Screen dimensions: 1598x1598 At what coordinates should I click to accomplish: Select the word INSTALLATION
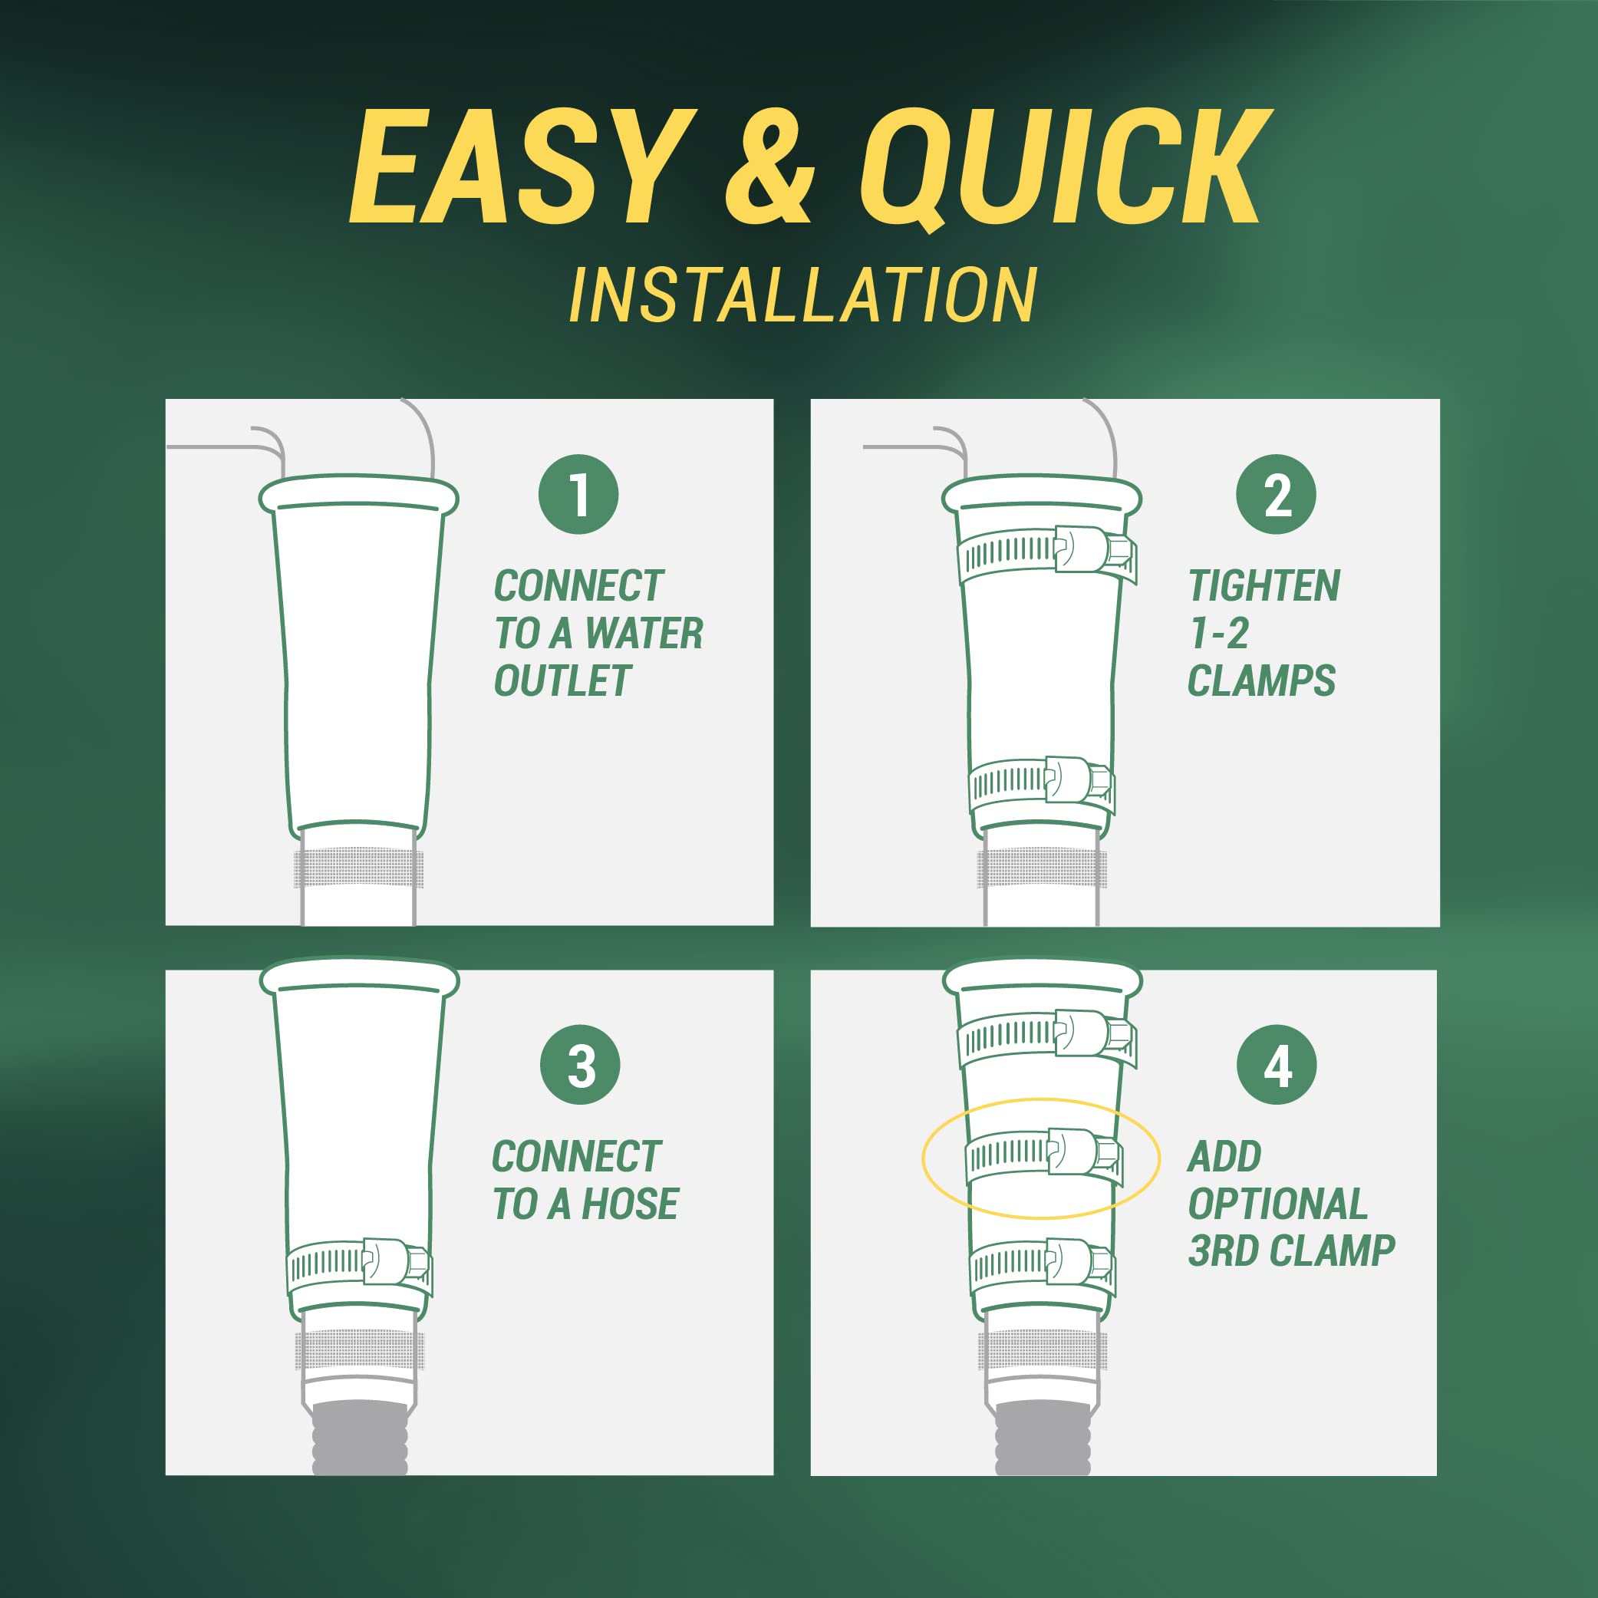(802, 295)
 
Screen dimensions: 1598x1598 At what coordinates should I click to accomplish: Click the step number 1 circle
(578, 495)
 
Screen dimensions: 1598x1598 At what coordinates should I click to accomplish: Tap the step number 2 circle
(1277, 495)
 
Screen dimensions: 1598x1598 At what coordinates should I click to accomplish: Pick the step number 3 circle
(580, 1066)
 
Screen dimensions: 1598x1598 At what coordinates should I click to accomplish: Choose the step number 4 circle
(1277, 1066)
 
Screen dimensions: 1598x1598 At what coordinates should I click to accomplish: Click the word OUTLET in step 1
(562, 681)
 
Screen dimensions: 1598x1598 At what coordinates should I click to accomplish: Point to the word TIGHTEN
(1264, 586)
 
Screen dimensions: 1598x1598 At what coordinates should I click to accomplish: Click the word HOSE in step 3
(631, 1204)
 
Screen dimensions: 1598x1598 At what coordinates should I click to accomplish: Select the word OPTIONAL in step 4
(1278, 1204)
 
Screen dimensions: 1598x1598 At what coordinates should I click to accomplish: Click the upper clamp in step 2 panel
(1046, 552)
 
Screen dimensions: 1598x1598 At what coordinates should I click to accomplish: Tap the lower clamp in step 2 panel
(1042, 781)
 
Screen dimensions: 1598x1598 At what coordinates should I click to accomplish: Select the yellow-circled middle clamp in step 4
(1044, 1152)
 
